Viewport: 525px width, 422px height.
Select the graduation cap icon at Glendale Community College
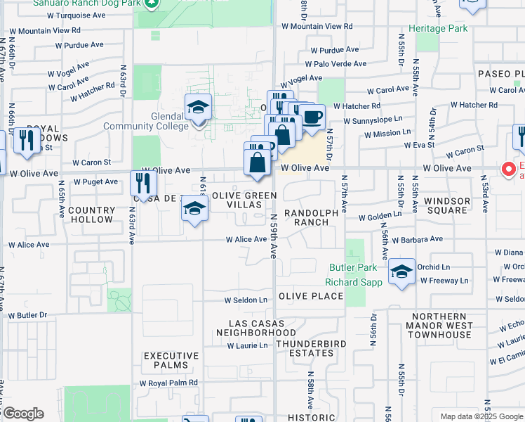(199, 108)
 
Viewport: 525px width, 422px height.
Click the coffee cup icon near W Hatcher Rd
(313, 116)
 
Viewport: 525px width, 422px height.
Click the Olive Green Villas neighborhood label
(241, 200)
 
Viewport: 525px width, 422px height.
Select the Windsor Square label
(447, 206)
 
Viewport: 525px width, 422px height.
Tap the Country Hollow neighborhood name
(91, 215)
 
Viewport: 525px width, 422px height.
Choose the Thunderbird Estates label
(312, 349)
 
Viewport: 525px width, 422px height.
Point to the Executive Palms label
(166, 361)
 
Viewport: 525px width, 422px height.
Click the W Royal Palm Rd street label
(168, 383)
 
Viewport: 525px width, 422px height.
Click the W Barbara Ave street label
(418, 239)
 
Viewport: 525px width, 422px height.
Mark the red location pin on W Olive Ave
(509, 170)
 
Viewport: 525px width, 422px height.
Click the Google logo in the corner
(23, 414)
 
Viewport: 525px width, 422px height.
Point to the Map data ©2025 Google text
(481, 416)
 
